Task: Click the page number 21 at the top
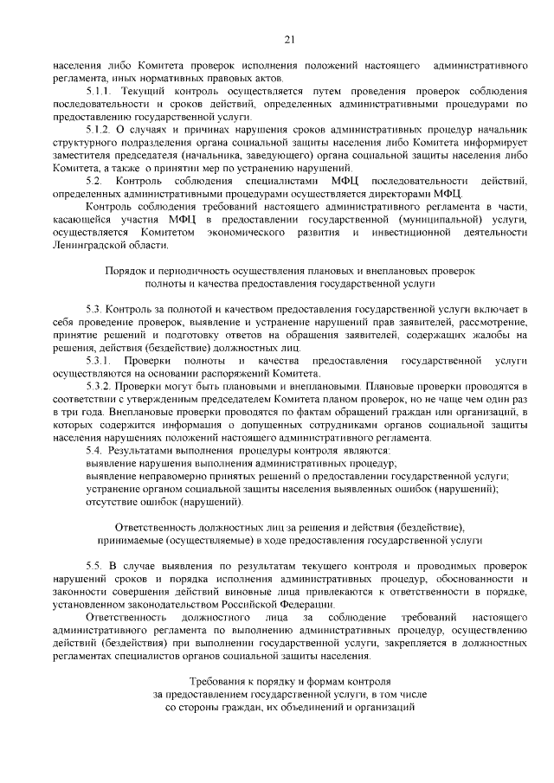click(x=290, y=38)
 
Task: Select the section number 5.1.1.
click(x=100, y=91)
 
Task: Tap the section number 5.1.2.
click(x=100, y=130)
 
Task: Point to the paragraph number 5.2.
click(x=95, y=180)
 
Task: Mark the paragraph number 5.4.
click(x=94, y=450)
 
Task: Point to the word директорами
click(x=417, y=193)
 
